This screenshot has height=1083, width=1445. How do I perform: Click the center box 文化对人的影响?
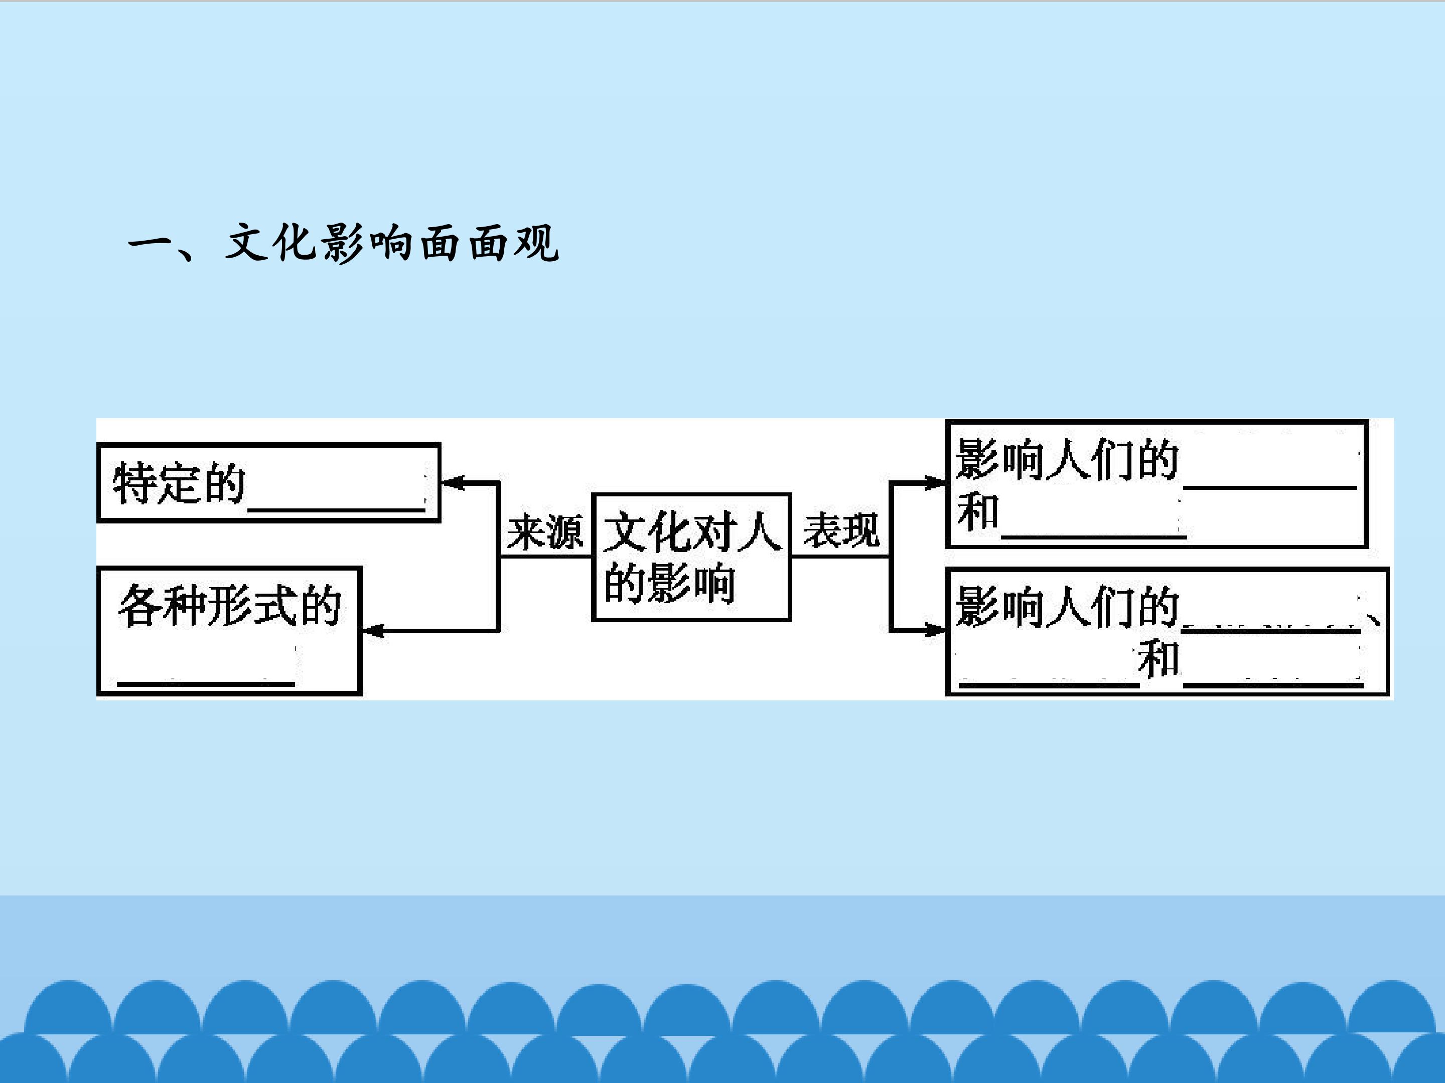691,557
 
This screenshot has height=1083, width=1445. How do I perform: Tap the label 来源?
545,531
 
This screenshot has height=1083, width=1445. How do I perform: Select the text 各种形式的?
230,606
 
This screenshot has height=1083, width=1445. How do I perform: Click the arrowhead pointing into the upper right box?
935,483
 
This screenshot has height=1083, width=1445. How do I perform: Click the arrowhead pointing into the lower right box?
935,630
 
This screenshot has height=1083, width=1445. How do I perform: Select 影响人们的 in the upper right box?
1067,460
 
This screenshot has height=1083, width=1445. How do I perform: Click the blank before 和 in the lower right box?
1049,684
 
